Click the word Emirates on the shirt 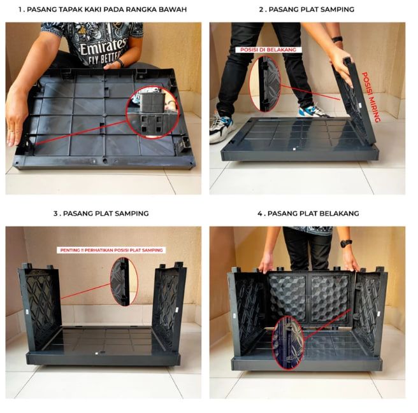[x=103, y=46]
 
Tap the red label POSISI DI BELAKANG [x=268, y=50]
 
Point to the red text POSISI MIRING [x=370, y=97]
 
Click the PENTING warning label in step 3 [x=111, y=250]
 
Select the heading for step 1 [x=103, y=10]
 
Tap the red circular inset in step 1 [x=152, y=112]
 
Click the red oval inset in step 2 [x=265, y=83]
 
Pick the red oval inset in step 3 [x=124, y=281]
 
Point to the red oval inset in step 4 [x=287, y=343]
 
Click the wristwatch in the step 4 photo [x=346, y=243]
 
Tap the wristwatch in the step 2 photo [x=337, y=39]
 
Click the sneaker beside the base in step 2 [x=221, y=129]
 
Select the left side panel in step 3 [x=40, y=307]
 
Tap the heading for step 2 [x=306, y=10]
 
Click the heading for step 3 [x=101, y=214]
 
